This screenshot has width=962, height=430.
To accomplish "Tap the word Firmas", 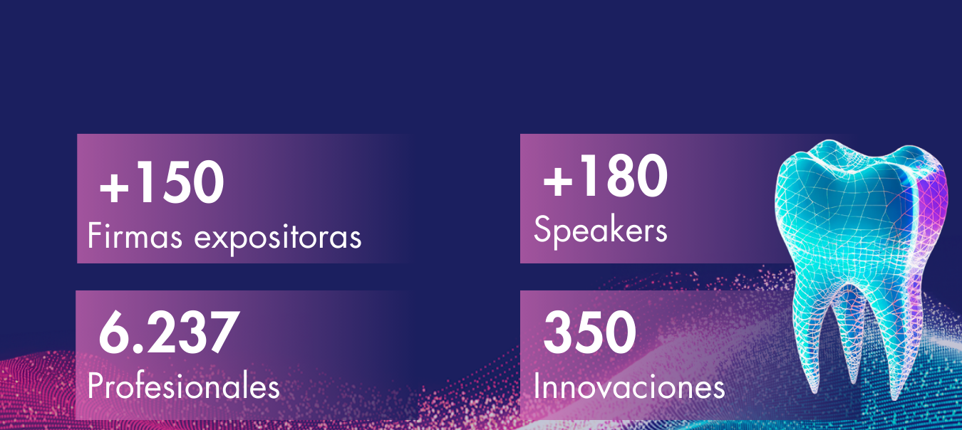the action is tap(135, 235).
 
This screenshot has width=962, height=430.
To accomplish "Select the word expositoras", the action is tap(278, 237).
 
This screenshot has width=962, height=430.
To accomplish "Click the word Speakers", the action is tap(601, 231).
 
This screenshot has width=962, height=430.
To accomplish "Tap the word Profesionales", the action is tap(183, 386).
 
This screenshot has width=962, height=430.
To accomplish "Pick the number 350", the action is tap(589, 332).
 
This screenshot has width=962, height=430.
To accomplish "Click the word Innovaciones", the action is tap(629, 387).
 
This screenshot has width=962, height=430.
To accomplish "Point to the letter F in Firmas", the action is tap(95, 235).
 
